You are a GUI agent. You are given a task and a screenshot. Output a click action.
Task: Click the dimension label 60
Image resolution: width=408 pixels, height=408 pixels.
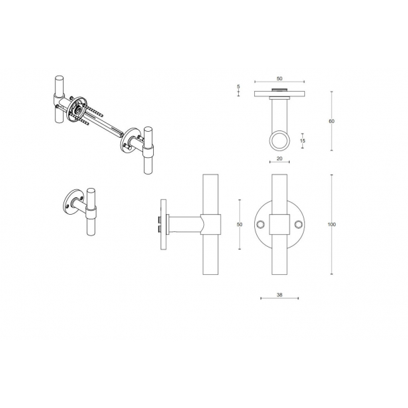coord(332,121)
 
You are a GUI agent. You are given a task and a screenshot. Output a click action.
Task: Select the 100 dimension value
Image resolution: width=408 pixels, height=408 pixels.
coord(332,224)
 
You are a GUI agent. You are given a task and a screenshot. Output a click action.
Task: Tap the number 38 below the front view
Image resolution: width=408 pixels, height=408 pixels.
coord(280,295)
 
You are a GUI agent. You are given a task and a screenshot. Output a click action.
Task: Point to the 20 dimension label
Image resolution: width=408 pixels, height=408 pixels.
coord(280,159)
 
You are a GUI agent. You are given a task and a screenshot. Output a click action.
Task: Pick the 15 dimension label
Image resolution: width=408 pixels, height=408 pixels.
coord(302,140)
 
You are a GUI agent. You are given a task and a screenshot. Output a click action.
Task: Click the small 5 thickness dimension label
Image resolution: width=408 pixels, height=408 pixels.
coord(238,87)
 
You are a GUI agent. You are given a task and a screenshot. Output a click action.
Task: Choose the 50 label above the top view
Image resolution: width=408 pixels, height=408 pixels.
coord(280,78)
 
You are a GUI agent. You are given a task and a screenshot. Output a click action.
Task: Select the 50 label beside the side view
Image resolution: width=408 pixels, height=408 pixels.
coord(239,224)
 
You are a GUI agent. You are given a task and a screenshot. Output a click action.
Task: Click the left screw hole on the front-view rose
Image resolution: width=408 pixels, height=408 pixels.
coord(260,224)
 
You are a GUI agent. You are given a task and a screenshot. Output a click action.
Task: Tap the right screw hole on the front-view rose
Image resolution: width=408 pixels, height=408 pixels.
coord(299,224)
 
